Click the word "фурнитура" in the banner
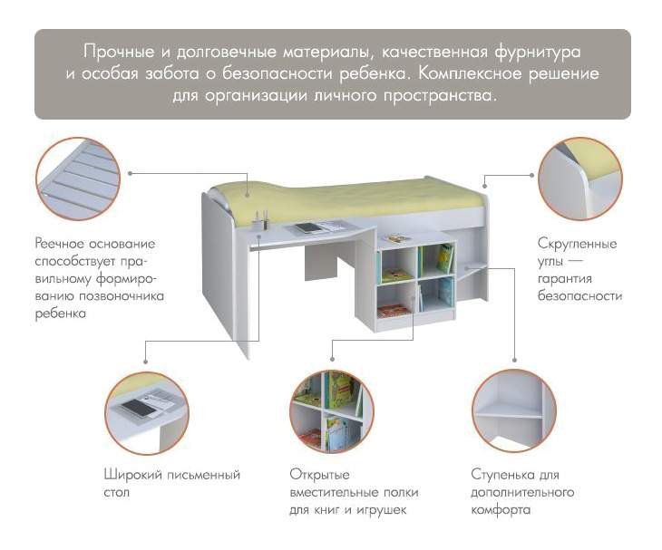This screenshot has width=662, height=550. [538, 53]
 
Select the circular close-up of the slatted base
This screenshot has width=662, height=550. [78, 179]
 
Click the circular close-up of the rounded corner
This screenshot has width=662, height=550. [580, 179]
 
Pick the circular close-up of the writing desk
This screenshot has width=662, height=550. [147, 413]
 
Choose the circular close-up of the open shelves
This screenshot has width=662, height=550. [332, 411]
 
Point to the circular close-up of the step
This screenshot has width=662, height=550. [514, 411]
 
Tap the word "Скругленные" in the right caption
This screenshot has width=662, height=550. [577, 244]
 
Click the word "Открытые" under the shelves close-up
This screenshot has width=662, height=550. [319, 475]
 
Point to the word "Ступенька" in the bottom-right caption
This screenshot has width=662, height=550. [502, 475]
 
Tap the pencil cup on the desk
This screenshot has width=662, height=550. [258, 222]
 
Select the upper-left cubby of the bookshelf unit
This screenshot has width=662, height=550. [398, 265]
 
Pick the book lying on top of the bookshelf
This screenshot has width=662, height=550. [398, 238]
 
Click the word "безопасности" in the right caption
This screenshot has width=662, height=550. [579, 295]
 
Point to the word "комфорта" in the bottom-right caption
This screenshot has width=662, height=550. [501, 510]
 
